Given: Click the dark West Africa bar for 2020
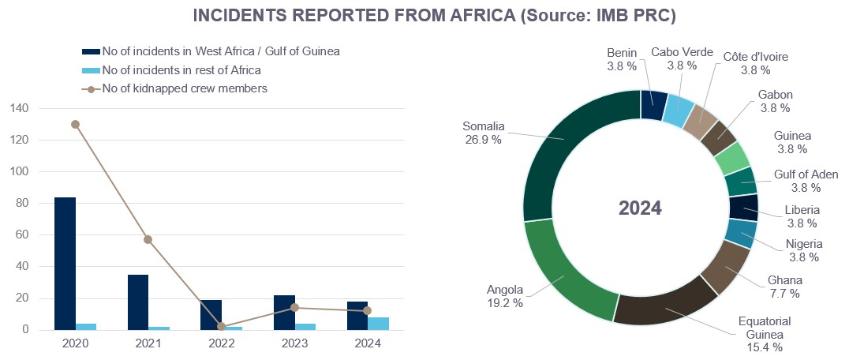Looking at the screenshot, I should [x=65, y=264].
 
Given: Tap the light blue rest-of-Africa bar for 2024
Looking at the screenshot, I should [x=378, y=324].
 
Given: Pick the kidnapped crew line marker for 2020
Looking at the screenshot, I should [x=75, y=124].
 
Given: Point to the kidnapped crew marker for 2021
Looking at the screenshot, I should [x=148, y=239].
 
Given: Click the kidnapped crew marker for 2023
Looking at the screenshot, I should [x=294, y=308].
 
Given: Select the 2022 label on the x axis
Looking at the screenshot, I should [x=221, y=343].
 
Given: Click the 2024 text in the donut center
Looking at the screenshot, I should [x=640, y=208].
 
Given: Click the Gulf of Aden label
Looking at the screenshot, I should [x=806, y=181].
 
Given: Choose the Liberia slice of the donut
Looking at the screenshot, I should [x=743, y=208].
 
